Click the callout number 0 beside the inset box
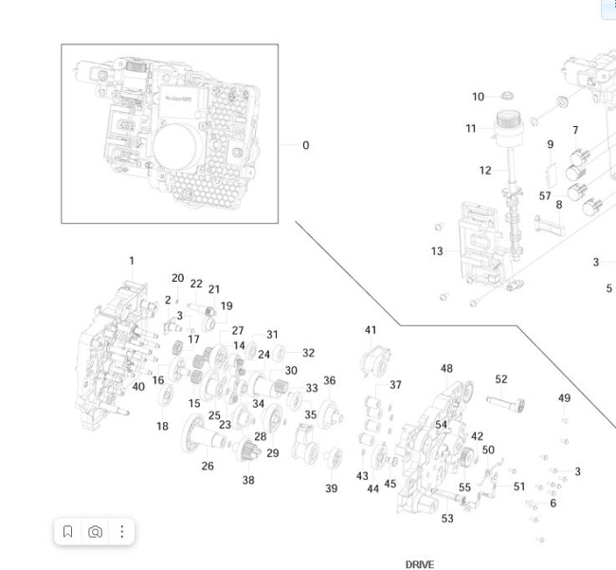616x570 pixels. pyautogui.click(x=305, y=145)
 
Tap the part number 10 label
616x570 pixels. pyautogui.click(x=478, y=97)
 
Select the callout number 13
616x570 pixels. pyautogui.click(x=436, y=251)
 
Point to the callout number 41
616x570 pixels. pyautogui.click(x=371, y=330)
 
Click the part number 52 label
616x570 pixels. pyautogui.click(x=501, y=379)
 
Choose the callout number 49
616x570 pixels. pyautogui.click(x=564, y=398)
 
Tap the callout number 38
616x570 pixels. pyautogui.click(x=248, y=480)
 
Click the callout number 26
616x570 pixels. pyautogui.click(x=208, y=466)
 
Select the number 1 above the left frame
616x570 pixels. pyautogui.click(x=132, y=261)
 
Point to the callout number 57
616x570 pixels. pyautogui.click(x=545, y=196)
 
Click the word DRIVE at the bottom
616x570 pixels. pyautogui.click(x=419, y=564)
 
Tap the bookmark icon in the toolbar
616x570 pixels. pyautogui.click(x=68, y=532)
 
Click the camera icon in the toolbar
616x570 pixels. pyautogui.click(x=95, y=532)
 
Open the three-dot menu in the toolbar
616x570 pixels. pyautogui.click(x=121, y=532)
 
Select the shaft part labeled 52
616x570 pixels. pyautogui.click(x=507, y=402)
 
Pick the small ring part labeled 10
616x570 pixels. pyautogui.click(x=507, y=96)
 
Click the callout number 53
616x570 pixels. pyautogui.click(x=447, y=519)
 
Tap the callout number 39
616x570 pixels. pyautogui.click(x=332, y=488)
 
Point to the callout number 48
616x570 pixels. pyautogui.click(x=446, y=369)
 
